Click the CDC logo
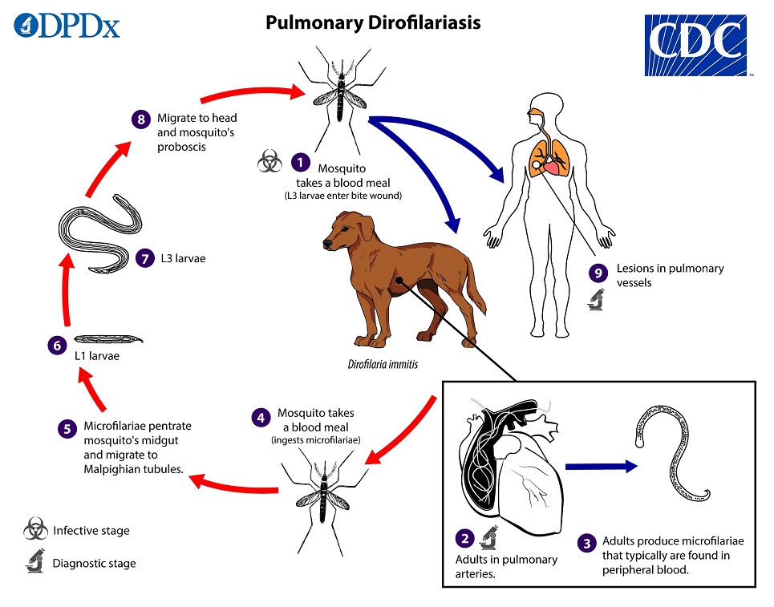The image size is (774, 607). click(695, 45)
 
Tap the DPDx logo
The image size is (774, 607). click(67, 24)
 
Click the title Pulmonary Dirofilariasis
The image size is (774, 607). click(373, 22)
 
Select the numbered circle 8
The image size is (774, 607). click(140, 119)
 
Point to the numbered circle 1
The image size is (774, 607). click(300, 161)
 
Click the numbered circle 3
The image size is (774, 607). click(586, 544)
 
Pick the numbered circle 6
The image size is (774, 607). click(55, 346)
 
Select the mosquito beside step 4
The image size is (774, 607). click(323, 491)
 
